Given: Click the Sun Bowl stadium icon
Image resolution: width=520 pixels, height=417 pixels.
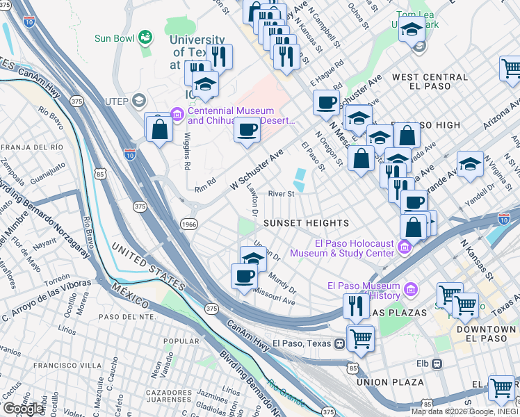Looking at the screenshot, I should coord(145,36).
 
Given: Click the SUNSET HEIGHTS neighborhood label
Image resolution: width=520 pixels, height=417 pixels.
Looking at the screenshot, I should coord(307,223).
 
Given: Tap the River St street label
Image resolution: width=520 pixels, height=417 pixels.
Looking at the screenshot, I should coord(282,194).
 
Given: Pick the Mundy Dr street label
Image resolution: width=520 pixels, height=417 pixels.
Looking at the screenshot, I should coord(282,284).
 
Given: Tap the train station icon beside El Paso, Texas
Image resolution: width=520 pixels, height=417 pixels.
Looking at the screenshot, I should coord(340,343).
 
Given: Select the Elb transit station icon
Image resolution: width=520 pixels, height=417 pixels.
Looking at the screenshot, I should coord(437,363).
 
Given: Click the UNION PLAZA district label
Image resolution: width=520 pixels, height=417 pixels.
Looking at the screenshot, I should coord(389,382).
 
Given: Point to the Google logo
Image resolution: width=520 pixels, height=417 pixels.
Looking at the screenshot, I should coord(23,408).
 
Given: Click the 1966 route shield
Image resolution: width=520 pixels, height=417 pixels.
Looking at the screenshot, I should coord(188,224).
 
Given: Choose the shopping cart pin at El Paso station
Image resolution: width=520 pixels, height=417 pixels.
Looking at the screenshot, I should coord(361,338).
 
